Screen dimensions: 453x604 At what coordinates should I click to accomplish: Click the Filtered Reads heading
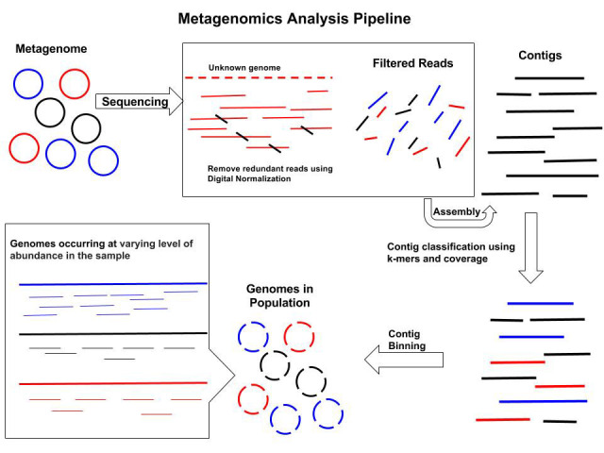click(x=412, y=64)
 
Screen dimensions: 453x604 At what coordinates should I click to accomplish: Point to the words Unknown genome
click(x=244, y=67)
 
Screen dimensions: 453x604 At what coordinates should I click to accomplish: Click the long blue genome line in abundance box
click(x=112, y=283)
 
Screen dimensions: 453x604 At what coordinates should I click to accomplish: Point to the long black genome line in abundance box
click(x=112, y=333)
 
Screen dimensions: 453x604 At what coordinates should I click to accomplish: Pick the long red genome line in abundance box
click(x=112, y=383)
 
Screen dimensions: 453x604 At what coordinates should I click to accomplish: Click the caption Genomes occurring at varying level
click(x=101, y=249)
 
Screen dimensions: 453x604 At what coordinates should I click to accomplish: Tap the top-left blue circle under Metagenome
click(x=28, y=85)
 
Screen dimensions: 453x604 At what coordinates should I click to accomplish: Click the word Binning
click(x=408, y=346)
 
